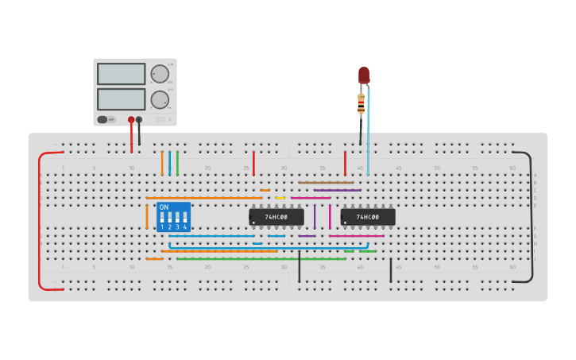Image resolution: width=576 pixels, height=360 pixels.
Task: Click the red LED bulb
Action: [x=364, y=75]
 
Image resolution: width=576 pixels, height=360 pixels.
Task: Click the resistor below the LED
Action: [x=361, y=103]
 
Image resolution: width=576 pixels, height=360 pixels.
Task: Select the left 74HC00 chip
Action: [x=276, y=216]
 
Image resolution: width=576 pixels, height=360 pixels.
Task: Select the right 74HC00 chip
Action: [x=368, y=216]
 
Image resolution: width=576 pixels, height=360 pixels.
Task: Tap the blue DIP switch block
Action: [x=173, y=217]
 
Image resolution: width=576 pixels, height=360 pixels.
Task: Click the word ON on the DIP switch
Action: [x=164, y=207]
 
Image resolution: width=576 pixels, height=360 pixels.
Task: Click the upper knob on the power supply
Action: [x=160, y=74]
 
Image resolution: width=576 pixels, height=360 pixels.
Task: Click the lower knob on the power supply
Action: [x=160, y=100]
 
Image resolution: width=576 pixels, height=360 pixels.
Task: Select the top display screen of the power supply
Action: [x=121, y=74]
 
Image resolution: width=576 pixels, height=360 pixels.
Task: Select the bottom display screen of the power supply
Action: [x=121, y=99]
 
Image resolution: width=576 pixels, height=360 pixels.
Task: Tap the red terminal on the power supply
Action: [x=131, y=120]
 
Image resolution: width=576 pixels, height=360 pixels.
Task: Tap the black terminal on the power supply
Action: [x=139, y=120]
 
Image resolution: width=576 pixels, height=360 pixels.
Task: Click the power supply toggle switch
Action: [x=102, y=120]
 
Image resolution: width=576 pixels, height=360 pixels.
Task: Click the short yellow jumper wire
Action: [x=280, y=198]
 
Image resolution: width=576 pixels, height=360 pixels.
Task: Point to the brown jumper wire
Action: [x=326, y=183]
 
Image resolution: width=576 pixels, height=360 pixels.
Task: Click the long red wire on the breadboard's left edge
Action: [x=39, y=223]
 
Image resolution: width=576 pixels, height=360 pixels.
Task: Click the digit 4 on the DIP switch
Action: [x=185, y=227]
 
